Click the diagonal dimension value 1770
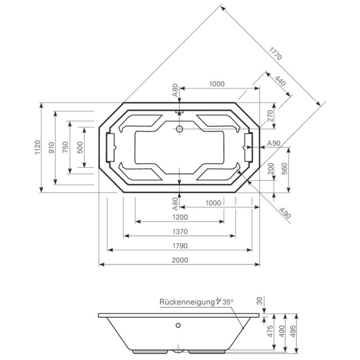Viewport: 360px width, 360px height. [275, 53]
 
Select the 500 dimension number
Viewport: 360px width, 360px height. [80, 147]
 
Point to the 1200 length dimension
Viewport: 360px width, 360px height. [179, 217]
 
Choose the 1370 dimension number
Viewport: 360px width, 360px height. [179, 231]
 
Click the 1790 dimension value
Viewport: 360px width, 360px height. [179, 245]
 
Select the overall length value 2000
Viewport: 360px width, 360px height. [179, 260]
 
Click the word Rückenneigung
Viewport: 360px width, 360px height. [187, 302]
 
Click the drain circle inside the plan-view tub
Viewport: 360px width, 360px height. [179, 129]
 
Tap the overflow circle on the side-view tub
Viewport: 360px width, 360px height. [178, 325]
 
